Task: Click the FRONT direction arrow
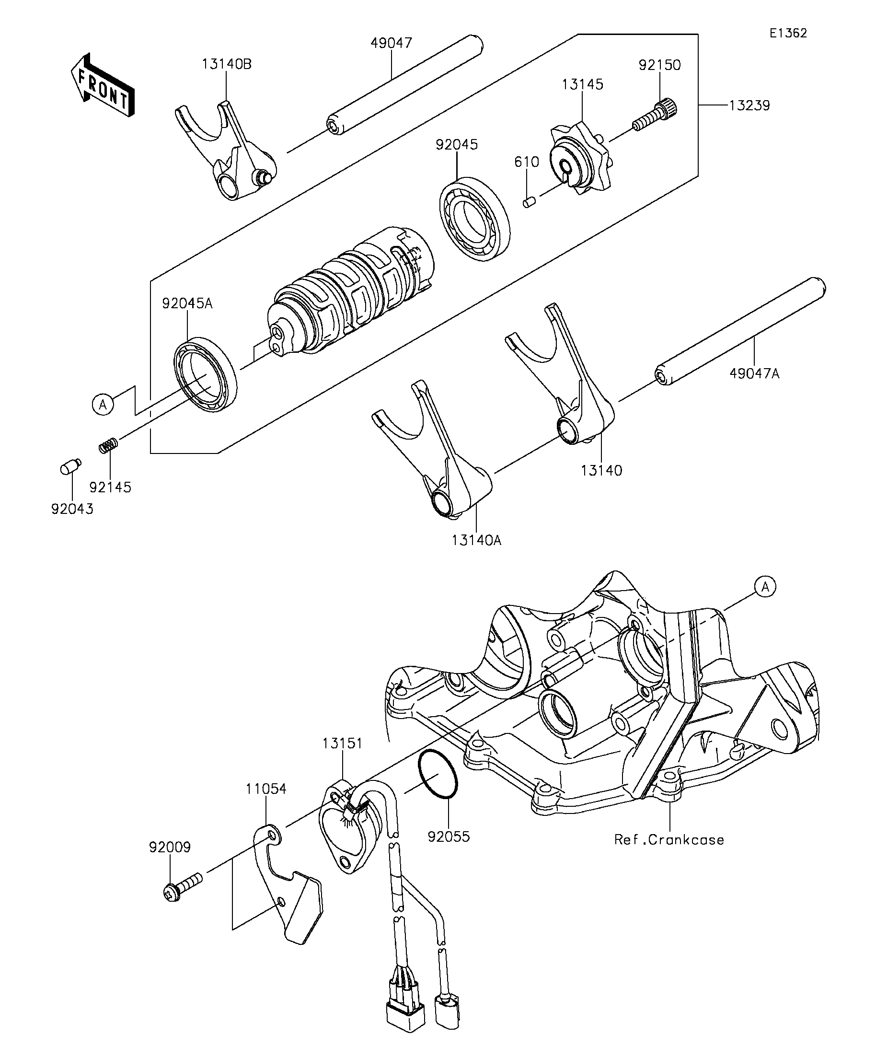pos(103,84)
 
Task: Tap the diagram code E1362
pos(788,33)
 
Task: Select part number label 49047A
pos(754,373)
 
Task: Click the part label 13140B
pos(227,64)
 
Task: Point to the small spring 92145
pos(108,445)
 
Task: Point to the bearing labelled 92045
pos(474,219)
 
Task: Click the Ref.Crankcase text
pos(669,839)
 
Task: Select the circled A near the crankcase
pos(765,586)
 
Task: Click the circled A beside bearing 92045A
pos(103,404)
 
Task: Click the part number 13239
pos(749,105)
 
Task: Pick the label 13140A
pos(476,541)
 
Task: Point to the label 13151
pos(342,743)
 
